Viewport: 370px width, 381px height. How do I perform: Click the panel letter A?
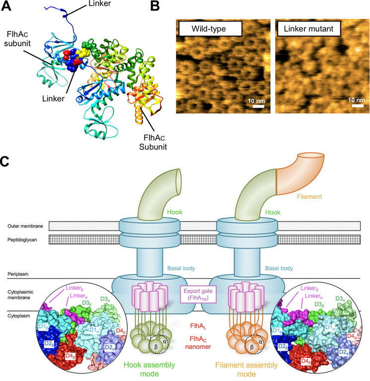[x=6, y=6]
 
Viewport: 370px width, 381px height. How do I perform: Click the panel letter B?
[x=155, y=6]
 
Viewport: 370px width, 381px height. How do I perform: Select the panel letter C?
[x=4, y=161]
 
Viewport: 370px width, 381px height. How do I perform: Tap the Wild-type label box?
[x=211, y=29]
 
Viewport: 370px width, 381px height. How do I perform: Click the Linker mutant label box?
[x=309, y=29]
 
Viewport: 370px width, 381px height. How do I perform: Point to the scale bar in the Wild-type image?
[x=258, y=107]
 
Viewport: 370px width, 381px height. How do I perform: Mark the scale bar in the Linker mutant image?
[x=358, y=106]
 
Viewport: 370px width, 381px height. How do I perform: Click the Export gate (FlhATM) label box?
[x=198, y=295]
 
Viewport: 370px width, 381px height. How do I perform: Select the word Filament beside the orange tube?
[x=309, y=196]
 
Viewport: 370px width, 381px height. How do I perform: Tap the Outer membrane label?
[x=25, y=226]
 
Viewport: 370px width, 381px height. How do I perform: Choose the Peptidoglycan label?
[x=22, y=240]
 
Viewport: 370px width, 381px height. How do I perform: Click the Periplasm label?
[x=18, y=274]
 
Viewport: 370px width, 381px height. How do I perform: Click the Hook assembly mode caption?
[x=149, y=369]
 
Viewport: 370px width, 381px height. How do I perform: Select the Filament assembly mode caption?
[x=246, y=369]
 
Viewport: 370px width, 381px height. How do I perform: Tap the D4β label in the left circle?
[x=71, y=356]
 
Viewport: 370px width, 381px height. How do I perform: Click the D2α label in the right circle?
[x=344, y=352]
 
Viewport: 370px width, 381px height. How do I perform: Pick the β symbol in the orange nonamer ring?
[x=252, y=347]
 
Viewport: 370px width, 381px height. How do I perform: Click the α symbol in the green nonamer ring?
[x=165, y=342]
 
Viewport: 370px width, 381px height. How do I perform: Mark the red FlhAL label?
[x=198, y=326]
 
